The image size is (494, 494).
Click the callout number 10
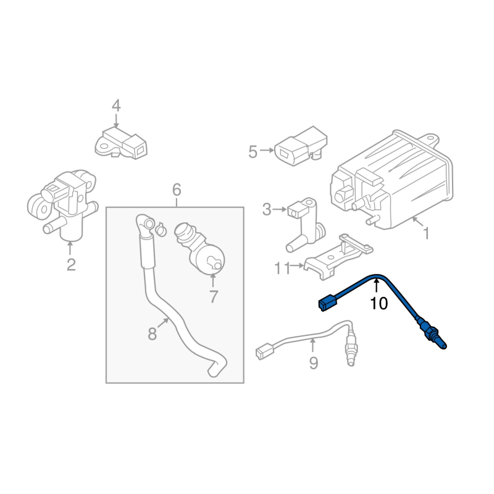click(379, 303)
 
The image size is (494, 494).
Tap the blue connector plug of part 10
click(328, 303)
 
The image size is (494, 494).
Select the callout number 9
click(314, 363)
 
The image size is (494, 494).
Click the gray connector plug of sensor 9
click(265, 351)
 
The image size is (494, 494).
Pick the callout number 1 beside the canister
click(426, 233)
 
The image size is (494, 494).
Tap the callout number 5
click(253, 151)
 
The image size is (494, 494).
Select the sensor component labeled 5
click(301, 146)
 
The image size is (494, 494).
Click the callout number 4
click(116, 106)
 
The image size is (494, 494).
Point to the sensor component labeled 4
click(121, 143)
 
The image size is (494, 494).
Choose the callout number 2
click(71, 265)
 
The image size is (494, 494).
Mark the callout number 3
click(267, 209)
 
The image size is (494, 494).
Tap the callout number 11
click(282, 269)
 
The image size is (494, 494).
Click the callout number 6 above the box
click(177, 190)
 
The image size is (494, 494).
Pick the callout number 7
click(214, 297)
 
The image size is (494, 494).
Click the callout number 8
click(152, 334)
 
